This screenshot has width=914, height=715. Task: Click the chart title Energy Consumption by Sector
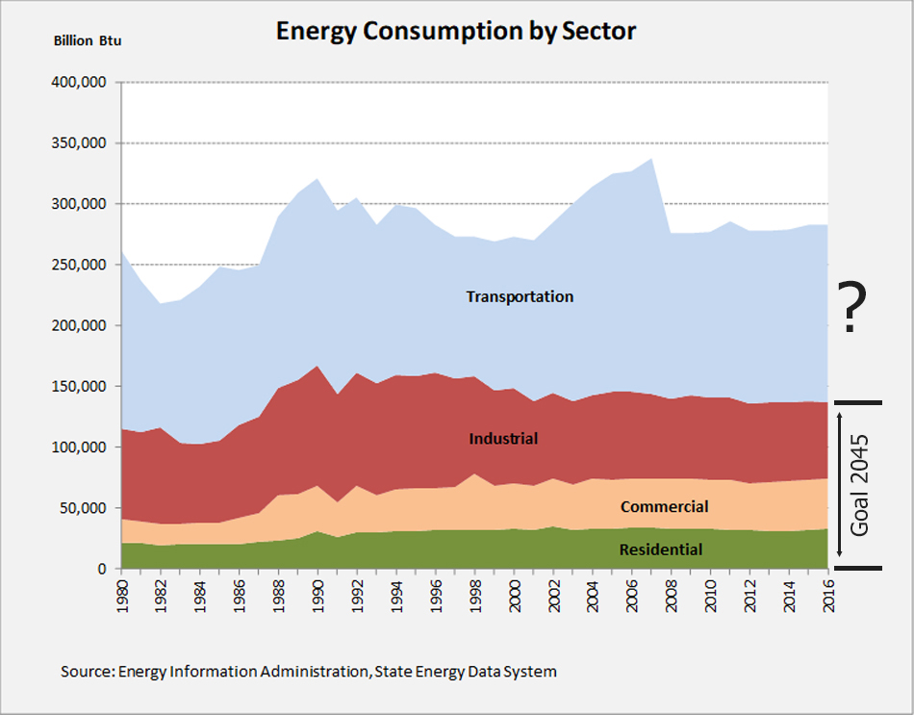coord(456,31)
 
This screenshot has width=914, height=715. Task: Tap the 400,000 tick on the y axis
coord(79,83)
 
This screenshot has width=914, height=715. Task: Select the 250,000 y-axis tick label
coord(79,265)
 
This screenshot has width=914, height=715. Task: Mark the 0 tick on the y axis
coord(100,569)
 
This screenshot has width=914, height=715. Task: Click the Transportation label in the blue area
coord(520,296)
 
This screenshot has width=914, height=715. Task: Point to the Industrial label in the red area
coord(503,439)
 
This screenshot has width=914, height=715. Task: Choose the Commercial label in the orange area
coord(664,507)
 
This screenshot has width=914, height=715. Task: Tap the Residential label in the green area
coord(660,549)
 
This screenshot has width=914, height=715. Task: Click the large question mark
coord(850,308)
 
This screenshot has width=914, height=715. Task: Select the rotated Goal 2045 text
coord(858,485)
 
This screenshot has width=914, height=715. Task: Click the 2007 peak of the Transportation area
coord(651,160)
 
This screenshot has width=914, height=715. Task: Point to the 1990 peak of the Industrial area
coord(317,367)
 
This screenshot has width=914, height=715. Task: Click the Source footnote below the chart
coord(308,671)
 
